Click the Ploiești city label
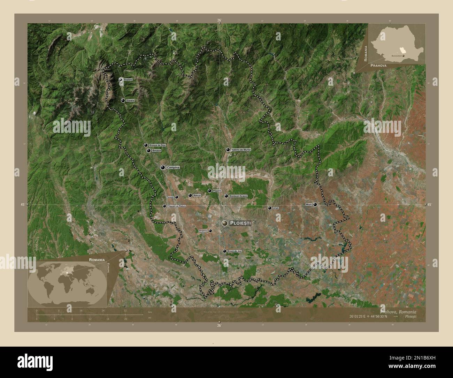point(240,223)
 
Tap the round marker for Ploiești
point(225,223)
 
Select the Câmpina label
point(173,168)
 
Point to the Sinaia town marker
point(123,100)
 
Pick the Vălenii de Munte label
point(241,150)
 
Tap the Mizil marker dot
point(315,204)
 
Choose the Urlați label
point(276,208)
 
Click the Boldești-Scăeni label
point(239,196)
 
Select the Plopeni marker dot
point(209,191)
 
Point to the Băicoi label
point(197,196)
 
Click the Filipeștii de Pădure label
point(177,206)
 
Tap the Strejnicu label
point(203,231)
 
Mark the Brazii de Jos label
point(235,251)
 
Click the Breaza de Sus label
point(157,145)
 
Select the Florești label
point(170,197)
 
